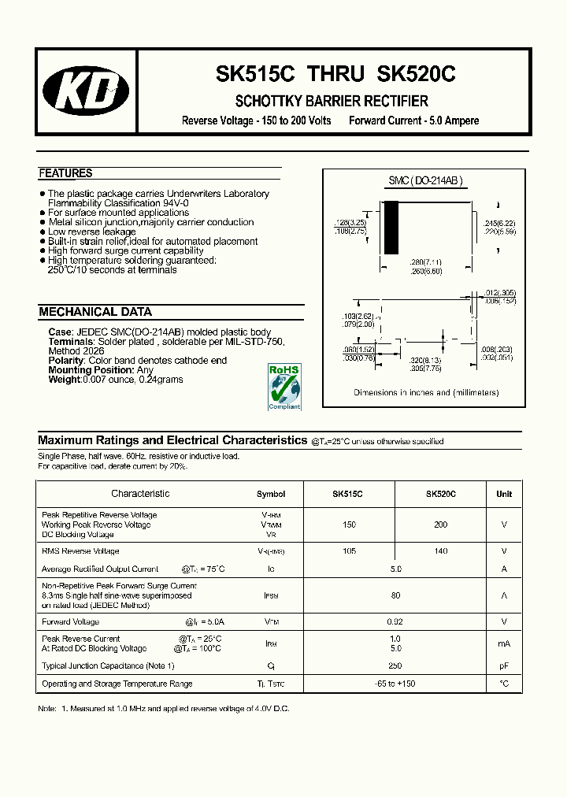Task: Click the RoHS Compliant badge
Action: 284,387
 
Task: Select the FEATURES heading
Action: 65,173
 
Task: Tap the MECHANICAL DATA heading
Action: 95,312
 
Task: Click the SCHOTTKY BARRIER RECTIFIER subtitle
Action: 332,102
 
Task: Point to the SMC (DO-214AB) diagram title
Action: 425,181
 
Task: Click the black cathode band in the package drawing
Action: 391,228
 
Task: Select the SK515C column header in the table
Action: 347,494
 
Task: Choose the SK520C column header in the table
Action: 440,494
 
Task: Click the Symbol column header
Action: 271,494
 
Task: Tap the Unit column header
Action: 504,494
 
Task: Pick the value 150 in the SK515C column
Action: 349,525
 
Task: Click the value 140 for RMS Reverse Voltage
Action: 440,551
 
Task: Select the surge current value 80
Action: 395,595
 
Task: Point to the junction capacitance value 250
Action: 395,665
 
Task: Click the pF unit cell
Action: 504,665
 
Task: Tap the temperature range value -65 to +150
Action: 395,684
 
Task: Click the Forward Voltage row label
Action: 70,621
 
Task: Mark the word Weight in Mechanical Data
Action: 65,380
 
